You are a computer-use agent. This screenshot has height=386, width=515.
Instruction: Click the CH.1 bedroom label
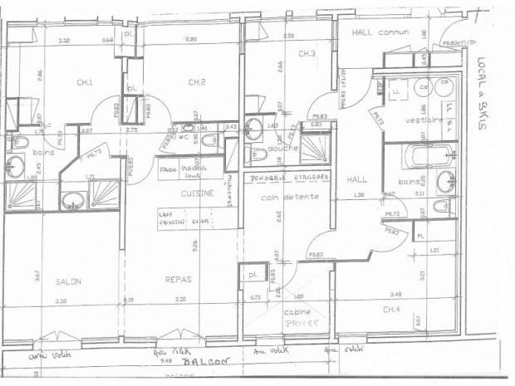(85, 81)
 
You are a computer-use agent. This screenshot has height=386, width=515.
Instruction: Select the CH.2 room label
(197, 81)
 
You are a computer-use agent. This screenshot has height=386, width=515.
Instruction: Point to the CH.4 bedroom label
(392, 310)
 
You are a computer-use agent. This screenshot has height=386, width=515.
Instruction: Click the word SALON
(68, 281)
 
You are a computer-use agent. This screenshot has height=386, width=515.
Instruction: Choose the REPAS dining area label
(178, 281)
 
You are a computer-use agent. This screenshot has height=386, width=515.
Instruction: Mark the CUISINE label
(199, 193)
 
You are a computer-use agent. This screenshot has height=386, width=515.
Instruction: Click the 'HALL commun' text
(381, 33)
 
